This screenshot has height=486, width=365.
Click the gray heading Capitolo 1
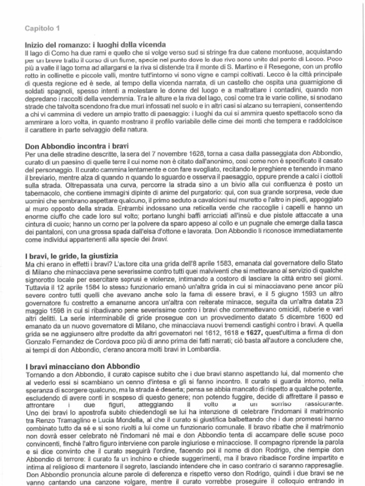click(42, 28)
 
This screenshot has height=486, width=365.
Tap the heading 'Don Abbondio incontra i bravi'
click(77, 146)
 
